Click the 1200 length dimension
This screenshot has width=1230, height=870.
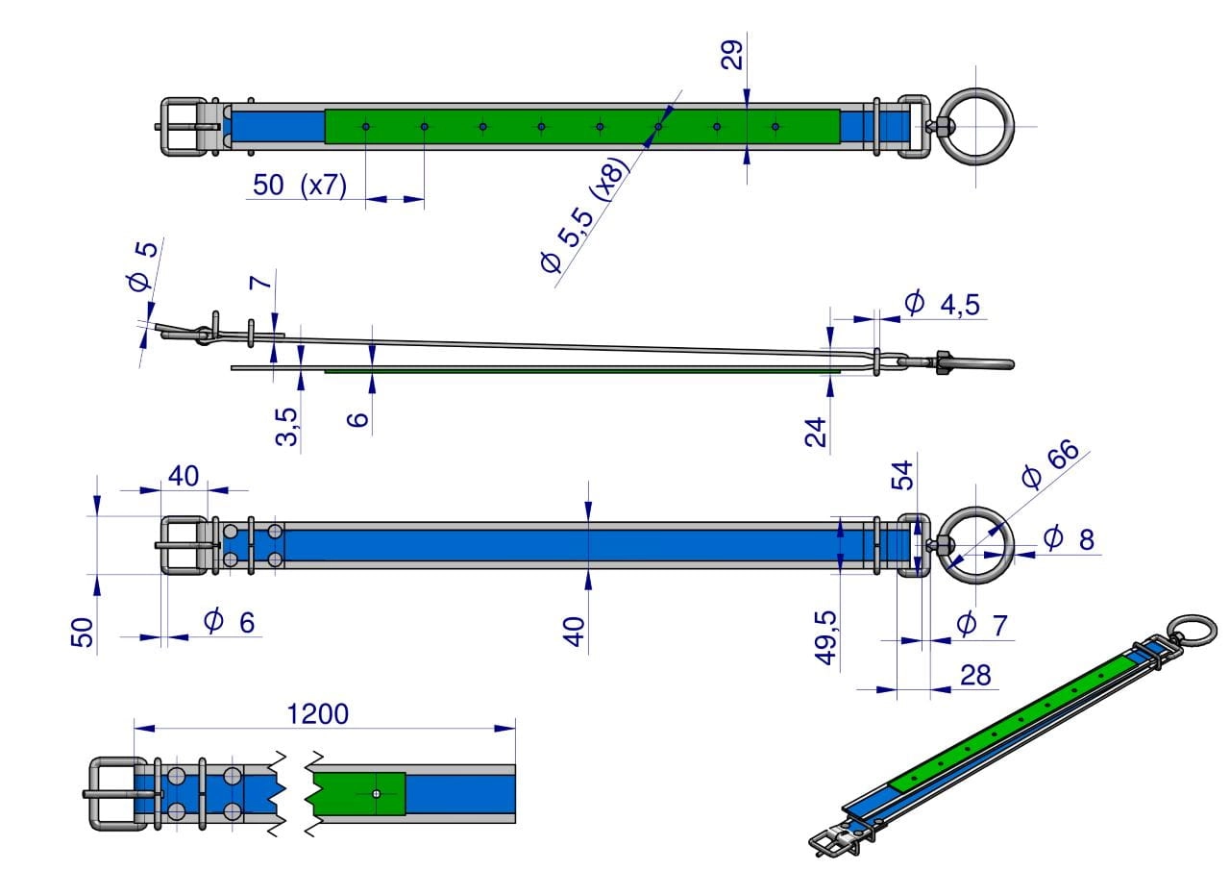tap(317, 714)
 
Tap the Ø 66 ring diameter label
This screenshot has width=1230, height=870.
tap(1051, 463)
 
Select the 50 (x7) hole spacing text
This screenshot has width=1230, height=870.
tap(299, 185)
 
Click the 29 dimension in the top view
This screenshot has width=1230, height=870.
tap(732, 55)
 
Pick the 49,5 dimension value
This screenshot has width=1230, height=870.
tap(825, 637)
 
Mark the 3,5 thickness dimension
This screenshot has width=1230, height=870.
tap(286, 427)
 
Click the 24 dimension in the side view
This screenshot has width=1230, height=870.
tap(816, 432)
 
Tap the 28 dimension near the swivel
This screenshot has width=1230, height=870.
tap(975, 675)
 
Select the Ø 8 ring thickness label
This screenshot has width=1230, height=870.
tap(1069, 538)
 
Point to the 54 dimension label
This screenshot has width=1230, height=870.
tap(901, 475)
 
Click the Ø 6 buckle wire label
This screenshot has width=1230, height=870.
tap(229, 622)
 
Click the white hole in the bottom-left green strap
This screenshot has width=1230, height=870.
tap(376, 794)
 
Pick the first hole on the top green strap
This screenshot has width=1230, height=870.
tap(366, 127)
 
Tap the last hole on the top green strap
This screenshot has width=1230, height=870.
tap(775, 127)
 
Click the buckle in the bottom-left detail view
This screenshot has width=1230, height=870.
tap(118, 794)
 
